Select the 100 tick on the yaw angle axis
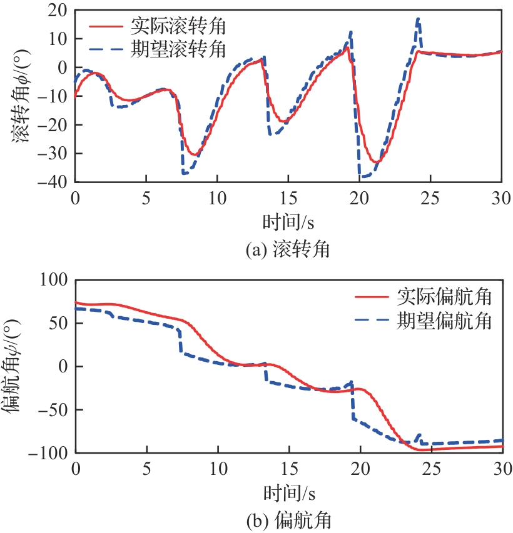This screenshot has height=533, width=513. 56,281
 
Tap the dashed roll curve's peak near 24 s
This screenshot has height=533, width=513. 418,19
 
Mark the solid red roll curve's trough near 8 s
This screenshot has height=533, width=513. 195,155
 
